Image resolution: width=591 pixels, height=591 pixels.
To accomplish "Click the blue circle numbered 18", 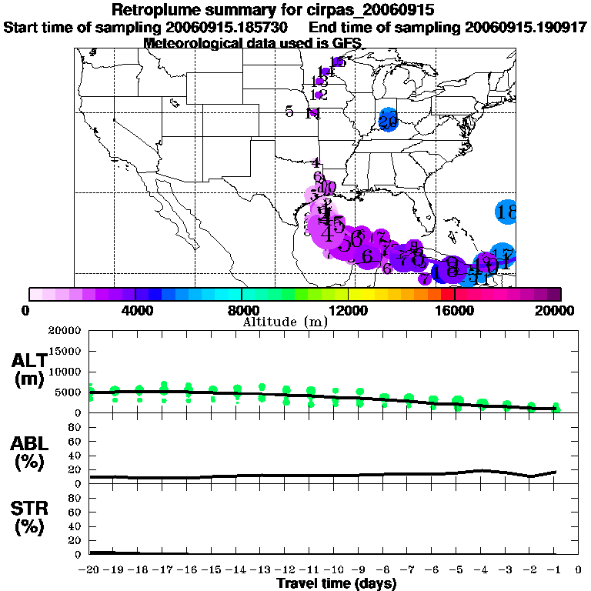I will tap(506, 212).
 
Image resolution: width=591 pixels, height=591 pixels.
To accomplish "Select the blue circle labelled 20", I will tap(388, 121).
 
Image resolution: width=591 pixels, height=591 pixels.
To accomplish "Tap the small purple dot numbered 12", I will tap(319, 95).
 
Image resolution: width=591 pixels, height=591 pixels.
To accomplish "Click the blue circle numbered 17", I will tap(503, 254).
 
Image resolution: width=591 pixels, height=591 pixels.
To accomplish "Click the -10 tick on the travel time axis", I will tap(334, 570).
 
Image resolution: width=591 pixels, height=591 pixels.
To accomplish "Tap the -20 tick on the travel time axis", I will tap(91, 570).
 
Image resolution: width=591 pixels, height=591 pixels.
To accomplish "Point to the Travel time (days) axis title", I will tap(336, 584).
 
